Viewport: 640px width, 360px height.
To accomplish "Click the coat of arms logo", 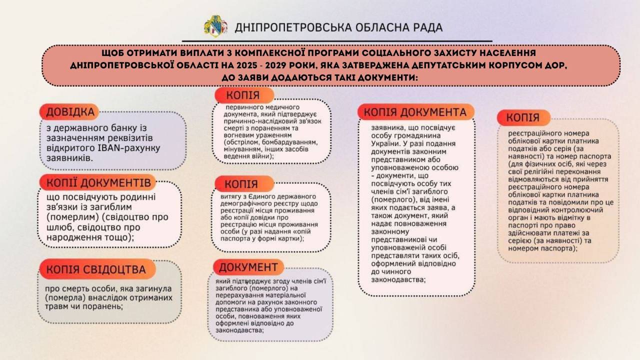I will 215,26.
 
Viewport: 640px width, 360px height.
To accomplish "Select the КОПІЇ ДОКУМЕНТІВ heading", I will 98,182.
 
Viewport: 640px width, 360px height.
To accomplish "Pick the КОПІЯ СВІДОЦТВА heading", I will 96,269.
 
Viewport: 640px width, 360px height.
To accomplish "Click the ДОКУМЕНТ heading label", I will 248,266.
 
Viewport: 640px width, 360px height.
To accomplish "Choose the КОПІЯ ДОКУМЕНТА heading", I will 415,112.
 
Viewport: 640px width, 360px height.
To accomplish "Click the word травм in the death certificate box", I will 55,306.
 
